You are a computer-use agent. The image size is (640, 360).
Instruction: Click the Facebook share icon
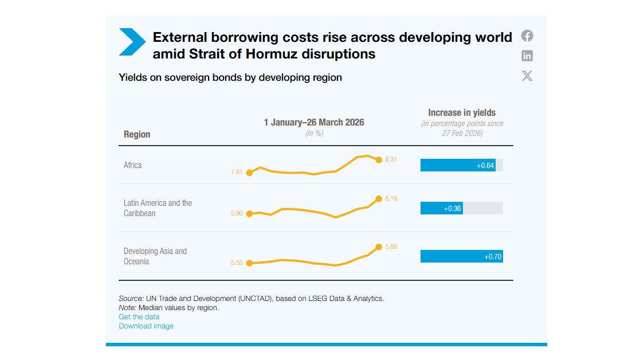527,36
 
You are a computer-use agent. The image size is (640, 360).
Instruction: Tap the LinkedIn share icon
527,56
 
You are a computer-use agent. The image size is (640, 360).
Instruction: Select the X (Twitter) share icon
527,76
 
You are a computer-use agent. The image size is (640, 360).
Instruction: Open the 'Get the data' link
139,317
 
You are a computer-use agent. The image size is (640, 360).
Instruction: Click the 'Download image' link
146,326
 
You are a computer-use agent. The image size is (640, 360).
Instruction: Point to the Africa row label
133,165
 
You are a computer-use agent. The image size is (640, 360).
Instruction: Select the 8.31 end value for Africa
391,159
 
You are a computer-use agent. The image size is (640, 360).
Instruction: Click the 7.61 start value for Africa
237,172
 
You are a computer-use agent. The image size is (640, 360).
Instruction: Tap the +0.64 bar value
485,166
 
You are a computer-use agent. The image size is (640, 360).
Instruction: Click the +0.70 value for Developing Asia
493,257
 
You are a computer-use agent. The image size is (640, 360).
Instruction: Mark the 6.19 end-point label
391,198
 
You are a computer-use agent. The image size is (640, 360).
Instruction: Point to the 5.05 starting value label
237,263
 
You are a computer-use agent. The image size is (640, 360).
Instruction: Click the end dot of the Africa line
379,160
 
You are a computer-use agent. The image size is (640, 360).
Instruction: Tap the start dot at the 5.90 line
249,214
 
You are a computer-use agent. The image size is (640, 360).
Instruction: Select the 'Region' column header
137,134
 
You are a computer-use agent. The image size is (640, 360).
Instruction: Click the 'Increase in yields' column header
462,112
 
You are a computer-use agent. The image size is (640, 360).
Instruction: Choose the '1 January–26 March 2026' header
314,122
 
